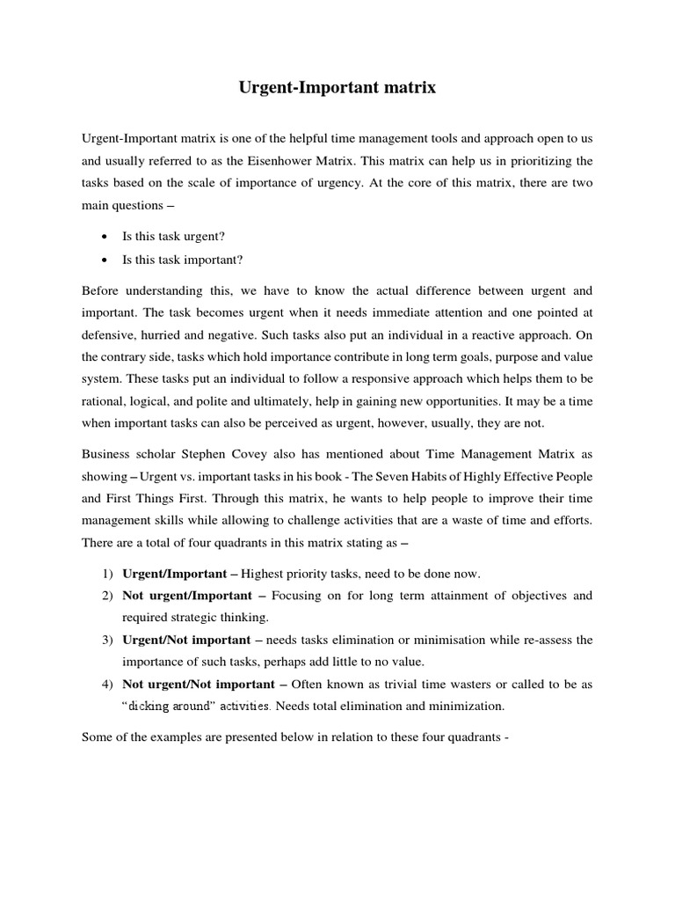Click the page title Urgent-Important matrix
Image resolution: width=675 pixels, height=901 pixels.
click(337, 88)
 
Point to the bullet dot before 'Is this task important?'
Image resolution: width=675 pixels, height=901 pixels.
click(105, 260)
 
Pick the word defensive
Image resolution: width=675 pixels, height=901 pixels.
click(112, 334)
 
